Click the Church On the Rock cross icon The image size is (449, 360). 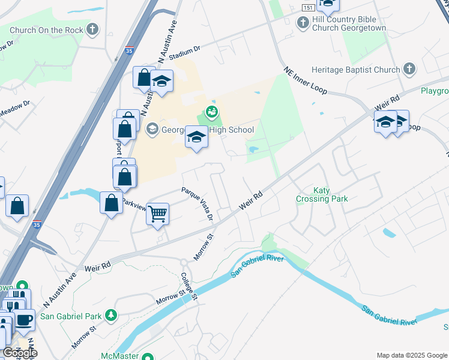point(92,29)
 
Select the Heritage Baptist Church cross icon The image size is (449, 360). point(409,68)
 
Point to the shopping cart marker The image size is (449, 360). point(157,214)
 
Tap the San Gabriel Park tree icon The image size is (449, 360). point(110,315)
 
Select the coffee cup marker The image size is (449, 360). point(24,319)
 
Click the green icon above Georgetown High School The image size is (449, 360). point(211,112)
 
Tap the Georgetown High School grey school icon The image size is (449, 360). point(152,128)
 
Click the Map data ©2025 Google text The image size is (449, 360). point(411,355)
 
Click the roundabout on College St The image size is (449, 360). point(185,263)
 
